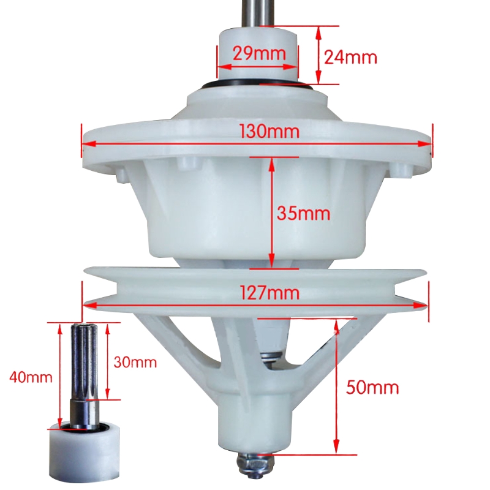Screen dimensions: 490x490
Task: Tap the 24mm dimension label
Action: pos(350,57)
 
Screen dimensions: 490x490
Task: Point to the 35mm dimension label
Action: pos(303,214)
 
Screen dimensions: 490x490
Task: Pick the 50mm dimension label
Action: pos(372,387)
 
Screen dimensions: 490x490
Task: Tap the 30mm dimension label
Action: pos(135,362)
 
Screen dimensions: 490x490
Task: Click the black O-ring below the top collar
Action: pos(257,86)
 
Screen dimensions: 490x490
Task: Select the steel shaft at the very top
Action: pos(257,12)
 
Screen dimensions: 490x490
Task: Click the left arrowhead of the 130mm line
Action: pos(86,144)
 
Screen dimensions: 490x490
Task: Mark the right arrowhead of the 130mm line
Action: pos(429,144)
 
